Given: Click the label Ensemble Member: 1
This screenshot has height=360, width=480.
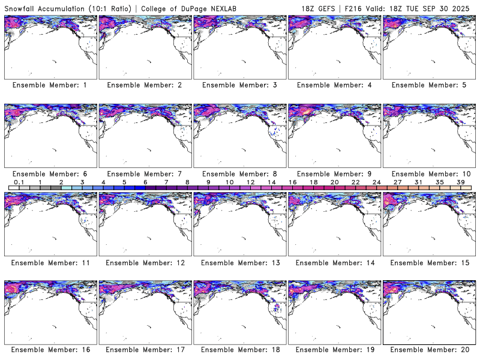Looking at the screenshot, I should tap(50, 85).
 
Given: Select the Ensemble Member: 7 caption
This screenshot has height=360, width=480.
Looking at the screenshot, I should tap(145, 173).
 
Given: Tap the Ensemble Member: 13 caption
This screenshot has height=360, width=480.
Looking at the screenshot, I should tap(239, 262).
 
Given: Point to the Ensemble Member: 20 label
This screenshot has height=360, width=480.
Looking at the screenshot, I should tap(429, 350).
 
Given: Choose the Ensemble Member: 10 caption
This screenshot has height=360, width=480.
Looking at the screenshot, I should tap(429, 173).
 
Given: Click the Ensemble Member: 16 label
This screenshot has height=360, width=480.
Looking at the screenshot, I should tap(50, 350).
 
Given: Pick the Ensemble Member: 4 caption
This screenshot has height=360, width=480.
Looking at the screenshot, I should tap(334, 85).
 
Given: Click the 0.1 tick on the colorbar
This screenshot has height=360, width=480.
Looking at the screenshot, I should tap(19, 182).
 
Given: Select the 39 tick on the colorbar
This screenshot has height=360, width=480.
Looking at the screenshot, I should tap(460, 182).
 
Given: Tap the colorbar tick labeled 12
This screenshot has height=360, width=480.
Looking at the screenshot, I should tap(250, 182).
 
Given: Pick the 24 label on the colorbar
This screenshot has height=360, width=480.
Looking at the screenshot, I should tap(376, 182).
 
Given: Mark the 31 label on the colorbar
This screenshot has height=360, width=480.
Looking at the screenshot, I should tap(418, 182).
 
